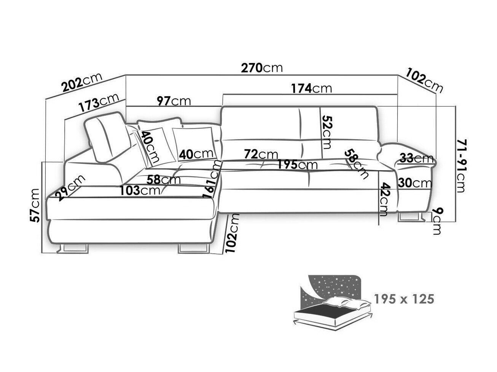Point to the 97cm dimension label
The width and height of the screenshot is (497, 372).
(x=174, y=101)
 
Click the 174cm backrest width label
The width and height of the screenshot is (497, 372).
(x=311, y=88)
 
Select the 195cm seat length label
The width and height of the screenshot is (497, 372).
(x=297, y=165)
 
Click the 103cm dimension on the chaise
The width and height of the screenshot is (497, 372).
(x=140, y=190)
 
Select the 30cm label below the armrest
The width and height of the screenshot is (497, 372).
(x=415, y=183)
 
